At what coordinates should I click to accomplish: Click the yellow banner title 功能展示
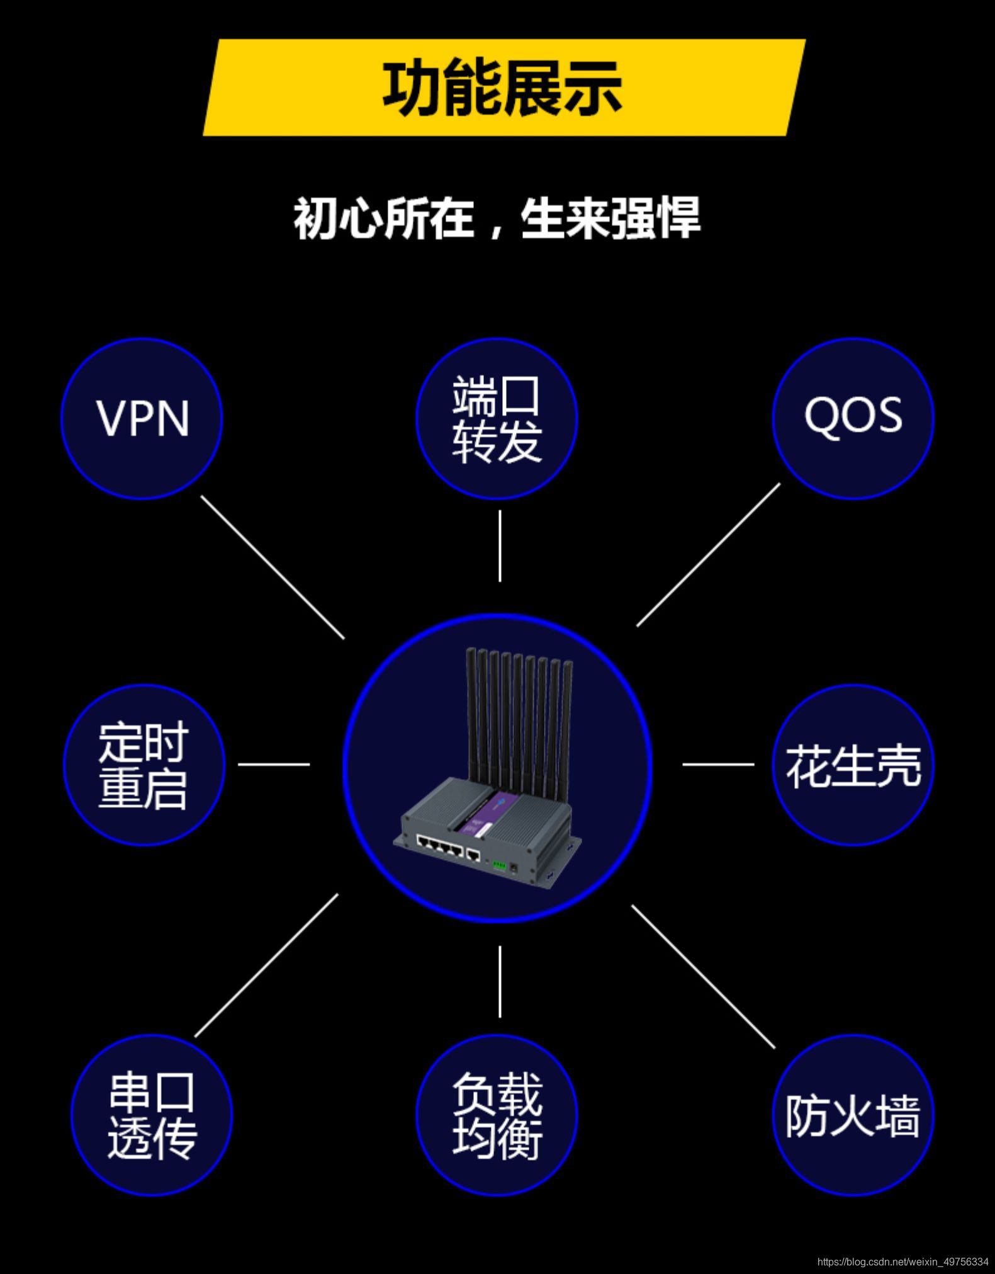pyautogui.click(x=502, y=88)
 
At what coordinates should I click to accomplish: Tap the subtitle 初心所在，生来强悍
pyautogui.click(x=497, y=218)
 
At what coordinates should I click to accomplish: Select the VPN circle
pyautogui.click(x=142, y=419)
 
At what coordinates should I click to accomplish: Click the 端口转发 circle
pyautogui.click(x=497, y=419)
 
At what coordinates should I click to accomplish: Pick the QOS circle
pyautogui.click(x=853, y=419)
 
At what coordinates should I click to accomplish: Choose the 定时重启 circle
pyautogui.click(x=144, y=765)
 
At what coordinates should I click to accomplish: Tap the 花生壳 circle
pyautogui.click(x=853, y=765)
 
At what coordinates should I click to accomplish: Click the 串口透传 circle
pyautogui.click(x=152, y=1115)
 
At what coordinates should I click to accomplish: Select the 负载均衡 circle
pyautogui.click(x=497, y=1115)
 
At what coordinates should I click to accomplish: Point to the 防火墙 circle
pyautogui.click(x=853, y=1115)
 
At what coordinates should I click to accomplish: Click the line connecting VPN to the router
pyautogui.click(x=273, y=567)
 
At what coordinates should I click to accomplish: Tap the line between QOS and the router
pyautogui.click(x=708, y=555)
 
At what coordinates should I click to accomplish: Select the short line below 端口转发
pyautogui.click(x=500, y=546)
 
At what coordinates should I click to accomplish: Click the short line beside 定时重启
pyautogui.click(x=274, y=765)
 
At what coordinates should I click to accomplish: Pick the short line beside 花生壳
pyautogui.click(x=718, y=765)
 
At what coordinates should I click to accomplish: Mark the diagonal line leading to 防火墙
pyautogui.click(x=703, y=977)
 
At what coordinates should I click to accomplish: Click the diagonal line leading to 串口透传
pyautogui.click(x=266, y=965)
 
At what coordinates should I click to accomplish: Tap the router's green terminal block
pyautogui.click(x=498, y=865)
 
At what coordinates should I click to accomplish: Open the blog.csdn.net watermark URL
pyautogui.click(x=902, y=1262)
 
